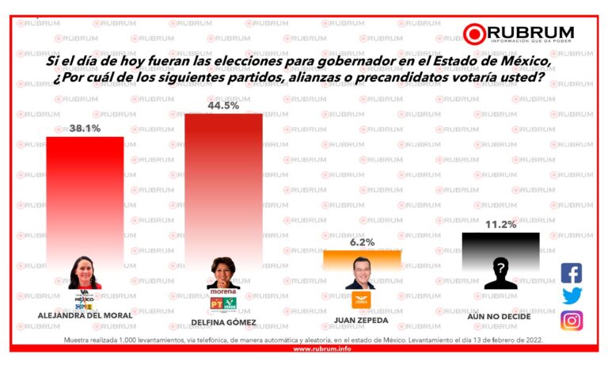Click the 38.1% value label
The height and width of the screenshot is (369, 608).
[85, 128]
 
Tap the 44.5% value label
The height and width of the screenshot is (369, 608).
[223, 105]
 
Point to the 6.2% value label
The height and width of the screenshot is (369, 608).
[362, 242]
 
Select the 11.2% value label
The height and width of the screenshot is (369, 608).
[500, 224]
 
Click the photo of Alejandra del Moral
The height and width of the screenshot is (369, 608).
[84, 272]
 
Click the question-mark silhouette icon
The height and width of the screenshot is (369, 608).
[500, 274]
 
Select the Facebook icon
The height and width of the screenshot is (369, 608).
[572, 273]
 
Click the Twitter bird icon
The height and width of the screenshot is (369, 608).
[572, 296]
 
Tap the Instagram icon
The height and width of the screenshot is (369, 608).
[572, 320]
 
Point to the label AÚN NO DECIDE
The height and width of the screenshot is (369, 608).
[500, 316]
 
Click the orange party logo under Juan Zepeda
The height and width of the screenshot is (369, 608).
[362, 300]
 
